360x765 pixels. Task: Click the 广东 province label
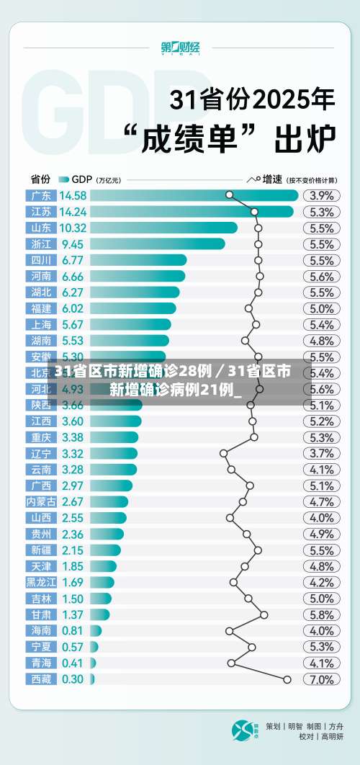coord(40,195)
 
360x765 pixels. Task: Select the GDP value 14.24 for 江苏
coord(73,212)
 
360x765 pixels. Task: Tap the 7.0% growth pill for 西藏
coord(321,679)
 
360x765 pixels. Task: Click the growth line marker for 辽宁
coord(223,453)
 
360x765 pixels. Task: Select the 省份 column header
coord(40,179)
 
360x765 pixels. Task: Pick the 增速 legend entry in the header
coord(271,179)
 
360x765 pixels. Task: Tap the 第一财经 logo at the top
coord(180,49)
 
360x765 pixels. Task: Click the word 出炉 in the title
coord(305,138)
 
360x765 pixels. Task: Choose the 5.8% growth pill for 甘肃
coord(321,614)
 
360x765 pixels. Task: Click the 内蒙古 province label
coord(40,501)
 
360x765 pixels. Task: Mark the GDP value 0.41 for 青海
coord(72,663)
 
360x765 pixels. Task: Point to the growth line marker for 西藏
coord(287,679)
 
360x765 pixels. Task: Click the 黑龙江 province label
coord(40,582)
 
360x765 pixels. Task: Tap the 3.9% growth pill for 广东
coord(321,195)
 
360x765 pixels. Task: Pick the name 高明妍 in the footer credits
coord(332,736)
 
